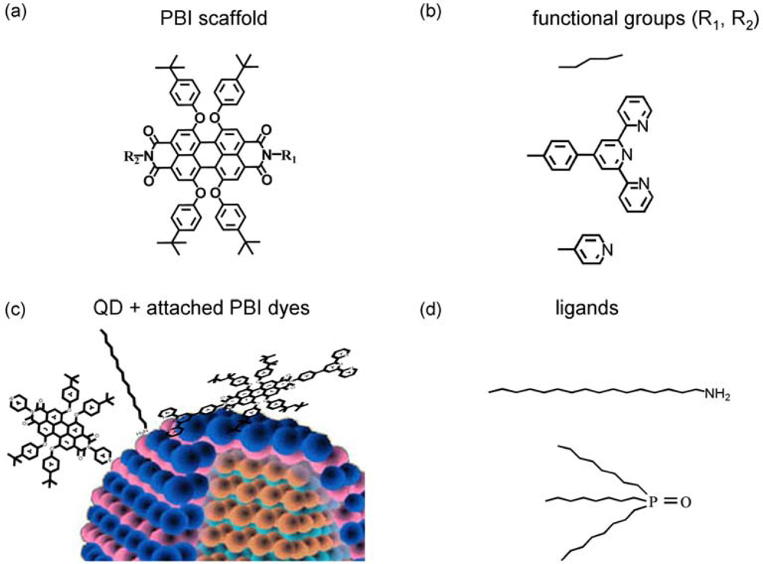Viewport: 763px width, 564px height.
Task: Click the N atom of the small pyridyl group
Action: tap(607, 249)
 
